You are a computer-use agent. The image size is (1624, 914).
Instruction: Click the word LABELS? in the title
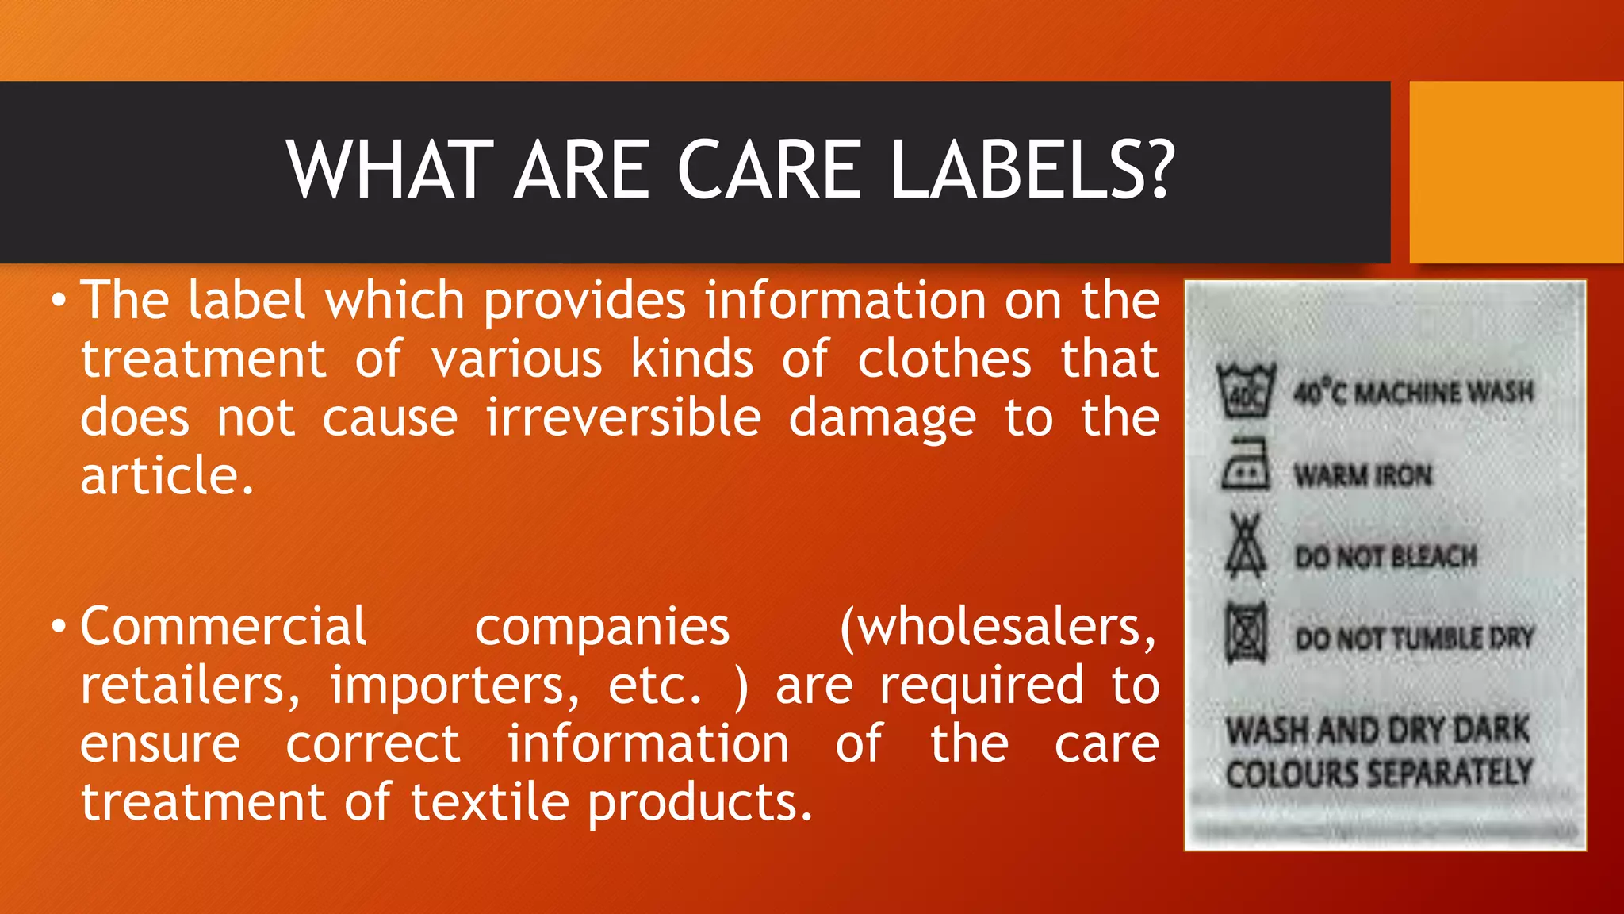[1032, 171]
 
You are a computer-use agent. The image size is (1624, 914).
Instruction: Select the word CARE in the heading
[768, 171]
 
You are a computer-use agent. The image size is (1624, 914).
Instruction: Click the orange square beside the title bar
[1516, 172]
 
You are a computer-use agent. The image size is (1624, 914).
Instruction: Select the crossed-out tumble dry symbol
[1246, 632]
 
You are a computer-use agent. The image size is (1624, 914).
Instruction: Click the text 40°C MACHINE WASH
[1413, 392]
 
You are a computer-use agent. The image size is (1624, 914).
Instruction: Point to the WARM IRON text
[1362, 475]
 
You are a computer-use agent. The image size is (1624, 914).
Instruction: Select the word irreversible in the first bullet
[623, 418]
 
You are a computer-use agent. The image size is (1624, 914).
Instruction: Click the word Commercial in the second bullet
[223, 627]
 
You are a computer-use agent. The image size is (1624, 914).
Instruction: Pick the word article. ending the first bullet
[167, 476]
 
